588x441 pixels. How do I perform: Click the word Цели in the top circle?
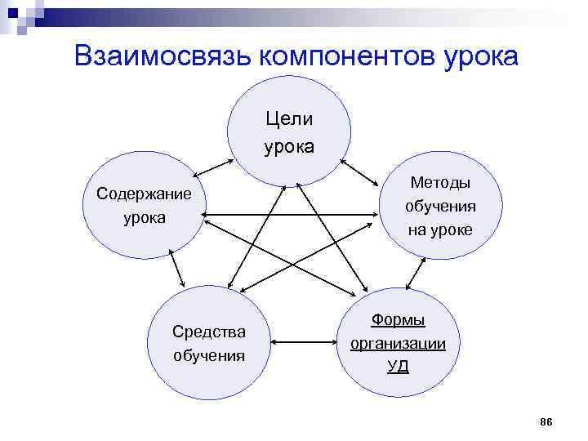(x=289, y=120)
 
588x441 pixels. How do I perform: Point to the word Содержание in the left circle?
(x=144, y=194)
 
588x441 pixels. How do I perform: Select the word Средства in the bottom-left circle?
(x=209, y=332)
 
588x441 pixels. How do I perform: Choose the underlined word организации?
(x=398, y=343)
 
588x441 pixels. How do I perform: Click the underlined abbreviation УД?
(x=398, y=365)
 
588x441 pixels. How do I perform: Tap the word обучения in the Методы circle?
(x=440, y=206)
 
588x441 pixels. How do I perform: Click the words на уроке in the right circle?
(x=440, y=229)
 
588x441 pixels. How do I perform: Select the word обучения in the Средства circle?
(x=209, y=355)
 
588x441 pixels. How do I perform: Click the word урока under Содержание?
(x=144, y=218)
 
